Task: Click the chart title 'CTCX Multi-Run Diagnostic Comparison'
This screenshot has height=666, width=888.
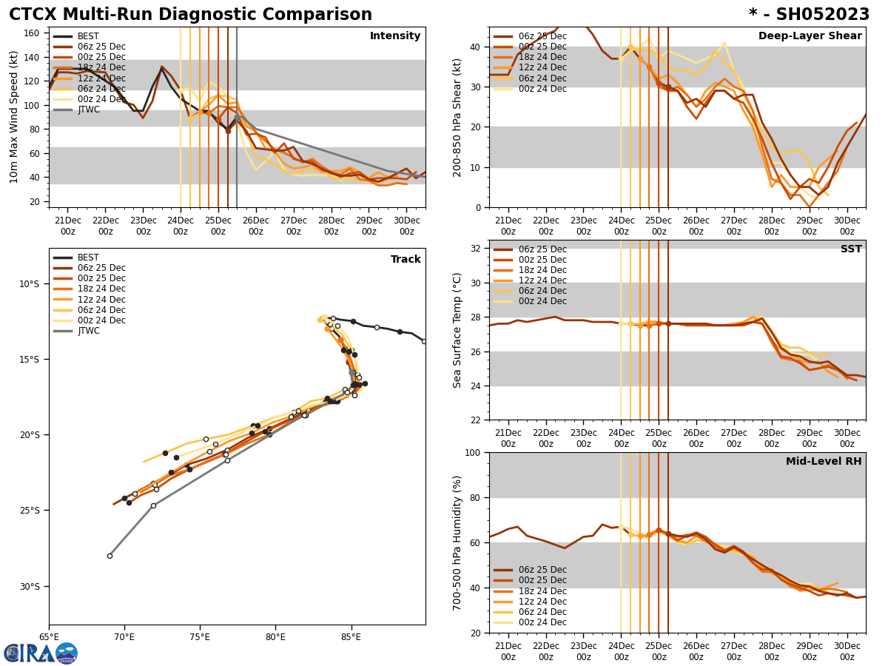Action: [190, 15]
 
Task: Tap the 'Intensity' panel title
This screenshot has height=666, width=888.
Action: [395, 36]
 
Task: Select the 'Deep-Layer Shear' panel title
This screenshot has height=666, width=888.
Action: [810, 36]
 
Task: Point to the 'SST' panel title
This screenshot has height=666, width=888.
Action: [850, 249]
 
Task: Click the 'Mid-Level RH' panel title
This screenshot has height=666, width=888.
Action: [824, 462]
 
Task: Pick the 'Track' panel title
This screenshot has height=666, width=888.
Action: [406, 260]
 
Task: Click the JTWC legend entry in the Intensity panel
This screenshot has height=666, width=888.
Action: [89, 110]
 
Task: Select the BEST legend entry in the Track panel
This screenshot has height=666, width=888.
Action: [88, 258]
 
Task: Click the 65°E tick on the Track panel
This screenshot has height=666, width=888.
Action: [49, 636]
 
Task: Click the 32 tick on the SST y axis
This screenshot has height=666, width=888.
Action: [475, 249]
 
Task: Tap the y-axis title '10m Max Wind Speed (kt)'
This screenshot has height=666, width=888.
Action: [13, 117]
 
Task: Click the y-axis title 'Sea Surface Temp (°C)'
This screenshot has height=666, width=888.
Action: [457, 330]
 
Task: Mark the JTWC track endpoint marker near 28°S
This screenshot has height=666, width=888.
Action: [110, 556]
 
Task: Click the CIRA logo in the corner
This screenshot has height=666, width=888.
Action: [41, 653]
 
